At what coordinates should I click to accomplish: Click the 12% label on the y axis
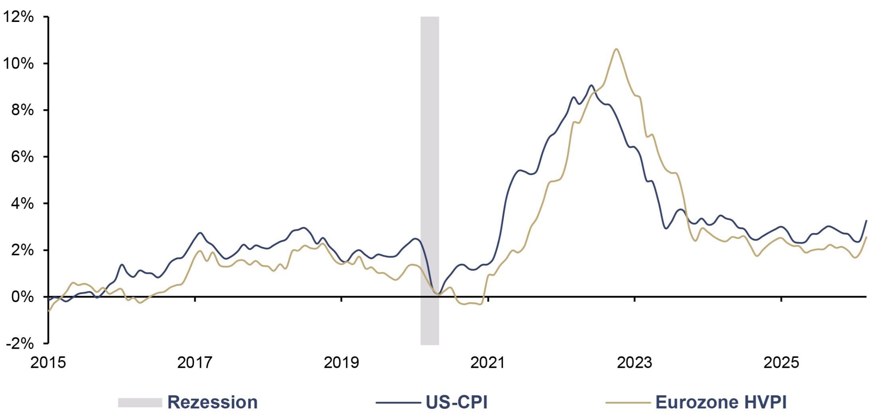18,17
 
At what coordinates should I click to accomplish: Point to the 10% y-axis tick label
18,63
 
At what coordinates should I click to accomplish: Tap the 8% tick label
23,110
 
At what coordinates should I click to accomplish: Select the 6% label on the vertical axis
23,157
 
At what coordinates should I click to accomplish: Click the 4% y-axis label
23,203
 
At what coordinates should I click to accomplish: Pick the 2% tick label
23,250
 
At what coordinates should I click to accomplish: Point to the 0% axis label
23,297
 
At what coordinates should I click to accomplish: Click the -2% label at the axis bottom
20,343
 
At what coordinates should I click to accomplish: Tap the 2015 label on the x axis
48,362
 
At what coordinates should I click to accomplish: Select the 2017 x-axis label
195,362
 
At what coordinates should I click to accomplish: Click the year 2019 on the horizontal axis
341,362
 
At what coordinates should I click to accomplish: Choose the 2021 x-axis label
488,362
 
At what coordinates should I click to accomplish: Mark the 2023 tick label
635,362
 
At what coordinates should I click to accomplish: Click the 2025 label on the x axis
781,362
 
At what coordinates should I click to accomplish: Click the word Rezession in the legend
213,402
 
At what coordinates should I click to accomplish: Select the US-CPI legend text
457,402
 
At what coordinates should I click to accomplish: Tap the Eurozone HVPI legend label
721,402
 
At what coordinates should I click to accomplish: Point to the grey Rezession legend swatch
140,402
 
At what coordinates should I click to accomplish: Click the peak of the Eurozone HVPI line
616,49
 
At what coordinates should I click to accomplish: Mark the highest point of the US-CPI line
591,85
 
